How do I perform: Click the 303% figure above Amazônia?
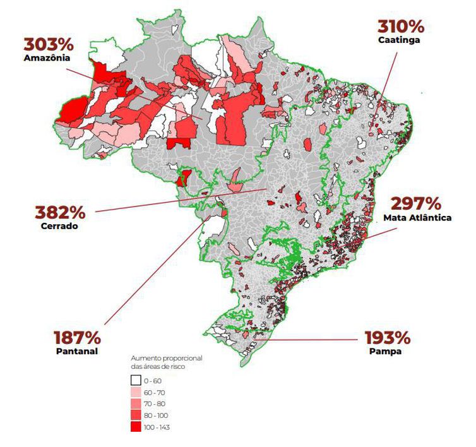click(x=49, y=45)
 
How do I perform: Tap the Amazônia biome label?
click(x=47, y=58)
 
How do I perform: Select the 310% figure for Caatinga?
click(x=400, y=27)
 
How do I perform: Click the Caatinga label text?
click(x=399, y=40)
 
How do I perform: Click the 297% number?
click(x=416, y=204)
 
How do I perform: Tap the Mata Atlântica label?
click(x=417, y=218)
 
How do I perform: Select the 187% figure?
click(x=76, y=337)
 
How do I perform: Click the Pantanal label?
click(x=76, y=351)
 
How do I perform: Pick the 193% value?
click(x=386, y=337)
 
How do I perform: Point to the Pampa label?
click(x=385, y=351)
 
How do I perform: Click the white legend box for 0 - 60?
click(x=135, y=381)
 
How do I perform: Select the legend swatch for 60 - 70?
click(x=135, y=392)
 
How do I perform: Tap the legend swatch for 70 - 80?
click(x=135, y=404)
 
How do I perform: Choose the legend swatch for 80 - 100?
click(x=135, y=415)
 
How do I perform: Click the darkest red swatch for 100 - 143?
click(x=135, y=427)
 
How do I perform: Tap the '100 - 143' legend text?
click(x=157, y=427)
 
